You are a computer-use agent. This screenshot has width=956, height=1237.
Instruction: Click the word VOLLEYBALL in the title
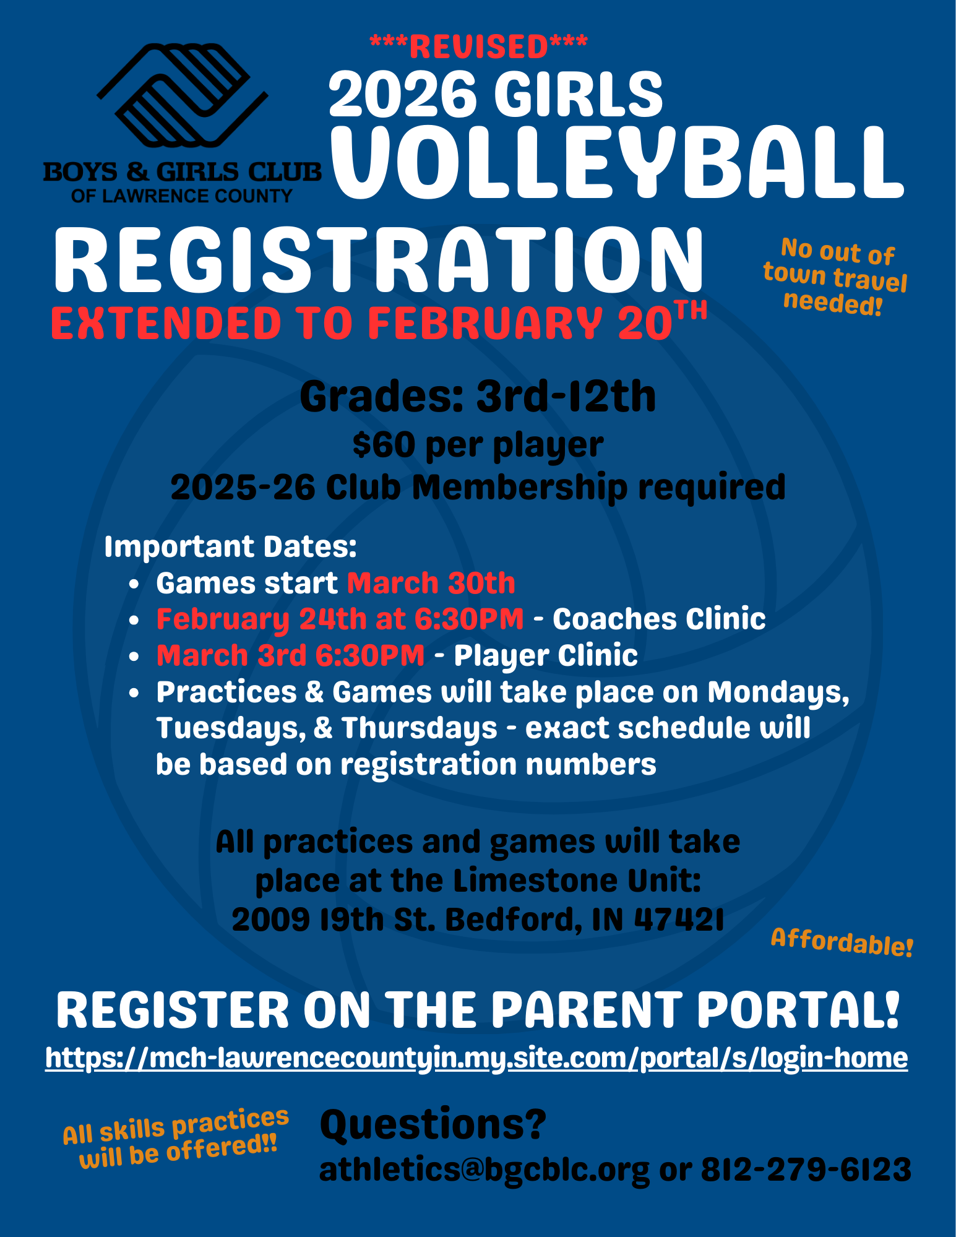tap(617, 163)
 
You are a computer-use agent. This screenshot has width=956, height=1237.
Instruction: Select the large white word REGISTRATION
tap(379, 260)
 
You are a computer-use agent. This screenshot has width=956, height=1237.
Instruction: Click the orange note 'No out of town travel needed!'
tap(835, 277)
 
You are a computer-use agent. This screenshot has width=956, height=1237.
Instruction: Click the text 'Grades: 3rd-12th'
tap(478, 397)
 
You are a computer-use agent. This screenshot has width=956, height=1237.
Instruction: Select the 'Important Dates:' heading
tap(230, 546)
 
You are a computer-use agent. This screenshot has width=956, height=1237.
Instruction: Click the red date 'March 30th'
tap(431, 583)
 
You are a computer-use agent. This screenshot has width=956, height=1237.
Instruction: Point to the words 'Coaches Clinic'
tap(659, 619)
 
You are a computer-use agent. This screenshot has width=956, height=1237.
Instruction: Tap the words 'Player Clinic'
tap(546, 655)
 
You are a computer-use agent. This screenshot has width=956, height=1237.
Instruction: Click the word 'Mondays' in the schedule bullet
tap(778, 692)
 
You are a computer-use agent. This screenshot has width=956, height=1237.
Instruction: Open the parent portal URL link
tap(476, 1058)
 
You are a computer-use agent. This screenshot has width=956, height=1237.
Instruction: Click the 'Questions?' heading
tap(433, 1124)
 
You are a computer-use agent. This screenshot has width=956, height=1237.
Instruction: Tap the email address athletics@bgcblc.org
tap(484, 1170)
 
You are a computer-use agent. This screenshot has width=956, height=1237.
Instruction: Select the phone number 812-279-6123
tap(806, 1170)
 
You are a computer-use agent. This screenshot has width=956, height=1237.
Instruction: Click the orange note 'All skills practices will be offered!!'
tap(176, 1137)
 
